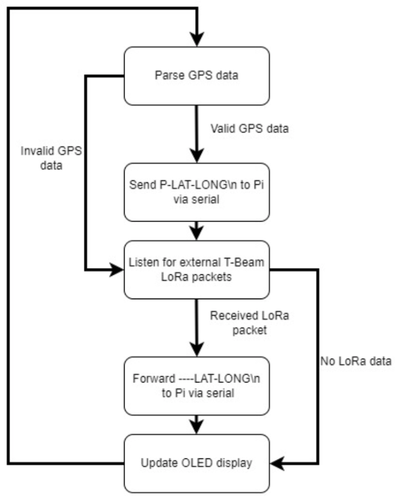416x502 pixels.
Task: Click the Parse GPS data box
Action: tap(196, 76)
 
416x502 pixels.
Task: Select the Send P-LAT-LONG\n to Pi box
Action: tap(196, 192)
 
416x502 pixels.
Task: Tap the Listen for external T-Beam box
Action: tap(196, 270)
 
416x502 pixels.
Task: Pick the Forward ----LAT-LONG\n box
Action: tap(196, 385)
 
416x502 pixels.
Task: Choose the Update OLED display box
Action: tap(196, 463)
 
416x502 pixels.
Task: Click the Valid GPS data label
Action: tap(249, 129)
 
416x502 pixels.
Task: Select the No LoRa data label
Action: tap(355, 360)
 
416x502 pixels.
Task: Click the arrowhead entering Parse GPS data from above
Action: tap(196, 40)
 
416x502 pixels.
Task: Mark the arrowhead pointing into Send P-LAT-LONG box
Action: tap(196, 156)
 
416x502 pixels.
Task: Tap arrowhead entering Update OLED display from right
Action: tap(277, 463)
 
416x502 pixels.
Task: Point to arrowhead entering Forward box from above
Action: tap(196, 349)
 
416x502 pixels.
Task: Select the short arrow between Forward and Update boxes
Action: tap(196, 424)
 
